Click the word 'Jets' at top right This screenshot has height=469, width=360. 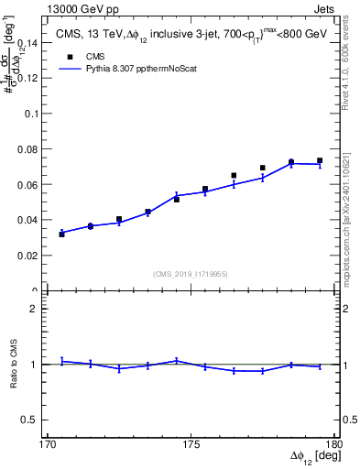(x=324, y=8)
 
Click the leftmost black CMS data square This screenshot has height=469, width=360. (x=61, y=234)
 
